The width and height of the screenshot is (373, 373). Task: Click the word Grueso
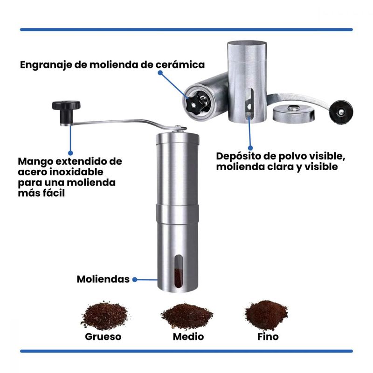pyautogui.click(x=103, y=337)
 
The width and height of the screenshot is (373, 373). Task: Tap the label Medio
pyautogui.click(x=188, y=337)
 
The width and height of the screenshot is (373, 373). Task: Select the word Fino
pyautogui.click(x=268, y=337)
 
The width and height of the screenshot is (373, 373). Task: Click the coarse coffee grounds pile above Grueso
pyautogui.click(x=104, y=316)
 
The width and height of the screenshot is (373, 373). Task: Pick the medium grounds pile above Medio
pyautogui.click(x=187, y=317)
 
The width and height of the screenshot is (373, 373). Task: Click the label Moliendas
pyautogui.click(x=103, y=279)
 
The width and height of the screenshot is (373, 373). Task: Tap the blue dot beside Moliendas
pyautogui.click(x=135, y=279)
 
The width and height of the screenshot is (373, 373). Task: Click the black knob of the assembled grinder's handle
pyautogui.click(x=66, y=111)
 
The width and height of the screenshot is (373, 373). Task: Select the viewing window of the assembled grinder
pyautogui.click(x=179, y=271)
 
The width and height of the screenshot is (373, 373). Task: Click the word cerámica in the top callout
pyautogui.click(x=180, y=65)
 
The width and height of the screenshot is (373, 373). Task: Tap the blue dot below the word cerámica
pyautogui.click(x=160, y=73)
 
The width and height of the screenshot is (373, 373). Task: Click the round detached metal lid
pyautogui.click(x=294, y=113)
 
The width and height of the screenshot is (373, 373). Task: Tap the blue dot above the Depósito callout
pyautogui.click(x=250, y=148)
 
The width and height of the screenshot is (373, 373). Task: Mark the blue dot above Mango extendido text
pyautogui.click(x=70, y=153)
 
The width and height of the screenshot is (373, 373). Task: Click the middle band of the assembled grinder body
pyautogui.click(x=177, y=214)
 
